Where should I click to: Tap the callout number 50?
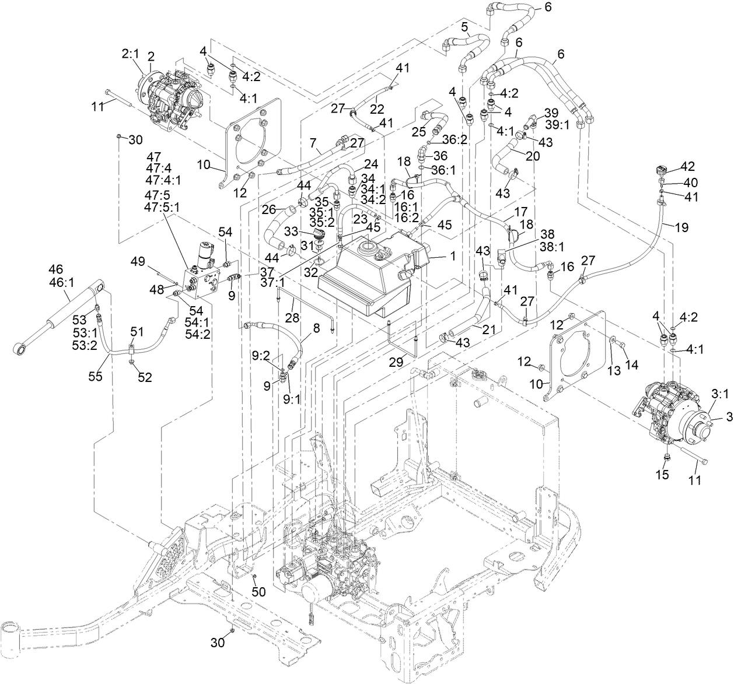click(258, 592)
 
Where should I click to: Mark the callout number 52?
click(145, 377)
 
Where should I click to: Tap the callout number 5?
click(464, 27)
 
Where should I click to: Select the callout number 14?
click(632, 364)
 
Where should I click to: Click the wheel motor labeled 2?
click(169, 93)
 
